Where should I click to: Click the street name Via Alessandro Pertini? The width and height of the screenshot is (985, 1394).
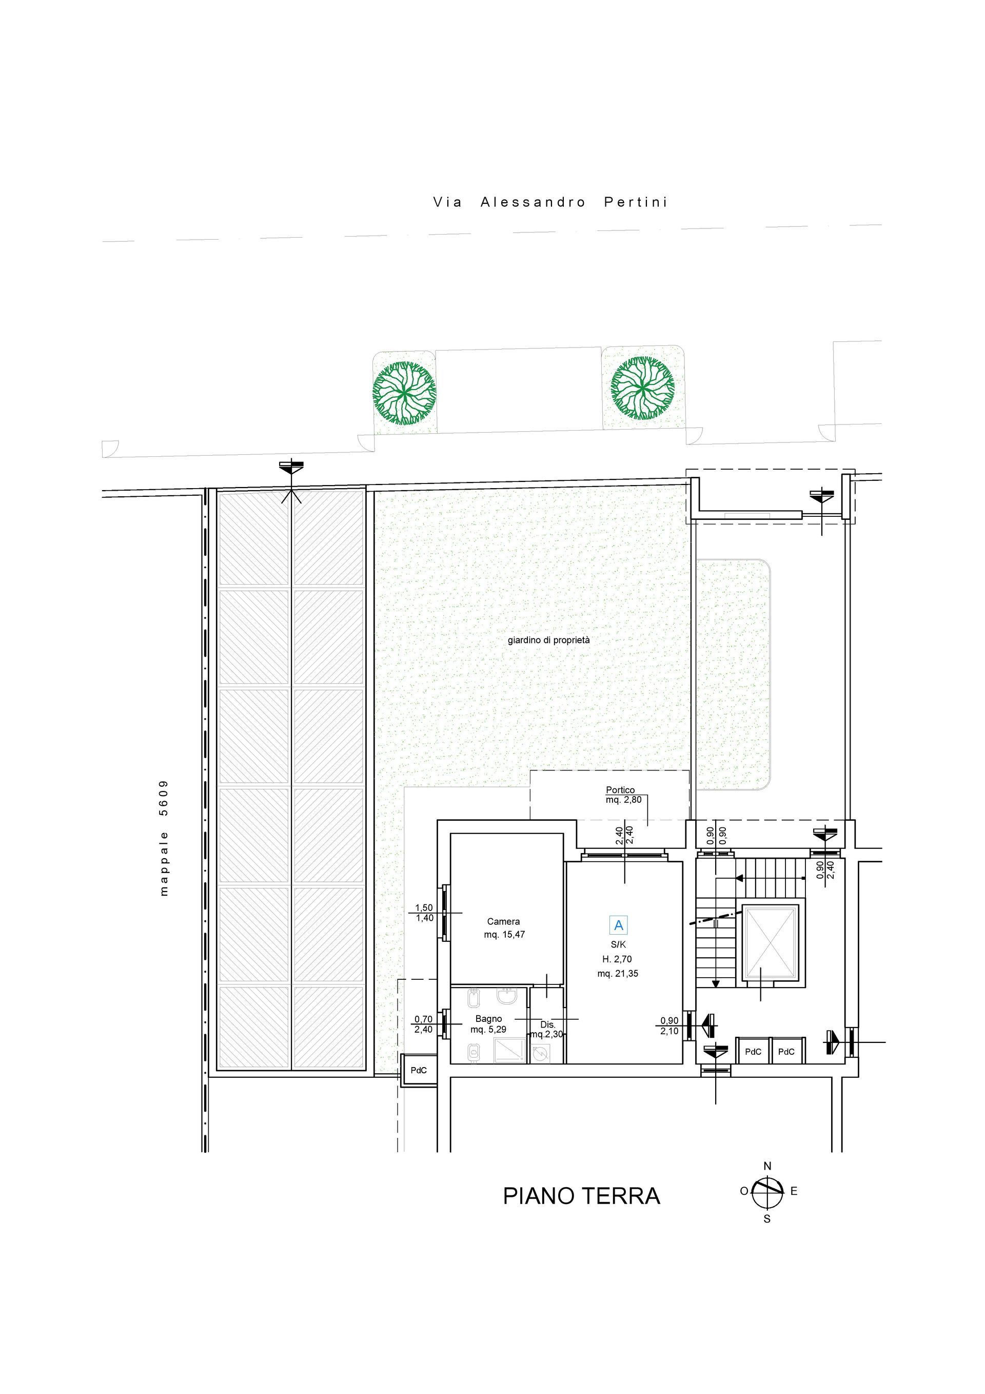550,202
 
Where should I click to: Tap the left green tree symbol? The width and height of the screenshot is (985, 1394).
404,393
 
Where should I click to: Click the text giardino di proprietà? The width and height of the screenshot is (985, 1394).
548,640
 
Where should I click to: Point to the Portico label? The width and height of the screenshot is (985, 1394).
620,790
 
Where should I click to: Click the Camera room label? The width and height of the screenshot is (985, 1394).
503,922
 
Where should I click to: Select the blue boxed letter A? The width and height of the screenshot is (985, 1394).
618,925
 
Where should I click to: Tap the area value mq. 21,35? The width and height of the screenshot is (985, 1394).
618,974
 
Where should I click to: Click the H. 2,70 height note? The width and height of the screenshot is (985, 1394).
618,959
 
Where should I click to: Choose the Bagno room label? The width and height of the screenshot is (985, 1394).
488,1019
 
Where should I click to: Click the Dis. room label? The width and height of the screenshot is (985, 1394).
547,1025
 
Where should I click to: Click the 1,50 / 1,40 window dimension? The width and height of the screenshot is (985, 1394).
424,913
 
